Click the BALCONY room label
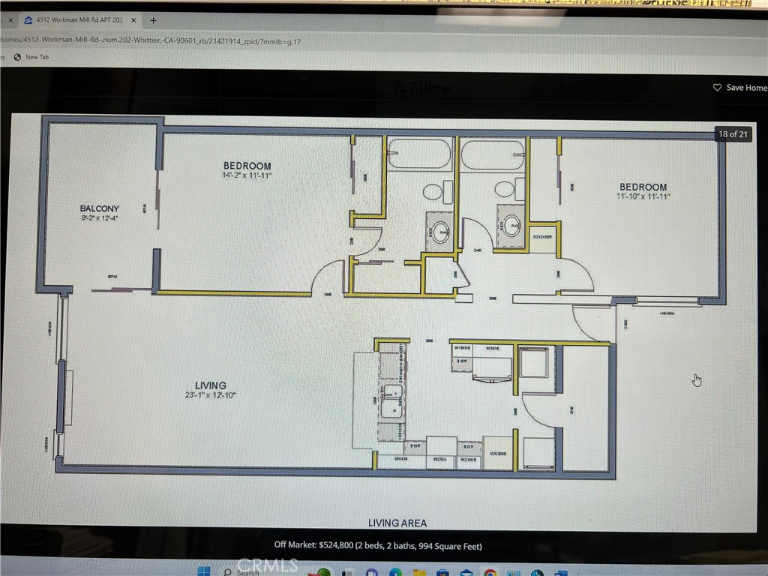coord(100,208)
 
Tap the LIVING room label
coord(211,385)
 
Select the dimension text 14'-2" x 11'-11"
coord(247,176)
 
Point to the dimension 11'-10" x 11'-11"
coord(643,197)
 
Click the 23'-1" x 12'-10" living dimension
coord(211,395)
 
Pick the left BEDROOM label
coord(247,166)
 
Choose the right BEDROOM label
coord(643,187)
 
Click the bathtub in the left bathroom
coord(419,154)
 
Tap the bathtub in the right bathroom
coord(491,155)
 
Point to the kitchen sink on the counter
coord(391,401)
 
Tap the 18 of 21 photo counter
coord(733,134)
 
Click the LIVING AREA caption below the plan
coord(397,523)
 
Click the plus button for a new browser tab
coord(153,20)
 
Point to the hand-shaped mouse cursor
coord(697,379)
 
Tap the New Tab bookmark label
coord(37,57)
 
